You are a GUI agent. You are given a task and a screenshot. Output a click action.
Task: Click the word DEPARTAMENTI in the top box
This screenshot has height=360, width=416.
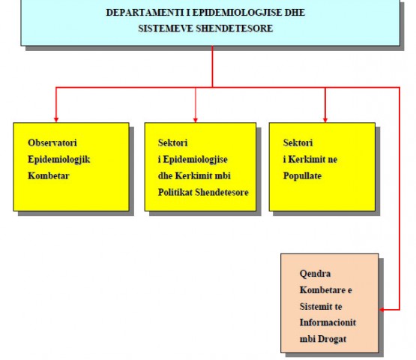(145, 13)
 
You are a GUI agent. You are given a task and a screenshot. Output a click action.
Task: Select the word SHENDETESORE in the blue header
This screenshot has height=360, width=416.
(235, 28)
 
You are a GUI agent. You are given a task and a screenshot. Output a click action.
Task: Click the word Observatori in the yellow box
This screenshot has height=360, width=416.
(52, 142)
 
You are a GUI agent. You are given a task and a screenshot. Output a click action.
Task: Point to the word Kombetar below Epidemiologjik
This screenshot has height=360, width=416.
(49, 175)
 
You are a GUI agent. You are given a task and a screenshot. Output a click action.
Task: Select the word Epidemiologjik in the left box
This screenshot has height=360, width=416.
(59, 160)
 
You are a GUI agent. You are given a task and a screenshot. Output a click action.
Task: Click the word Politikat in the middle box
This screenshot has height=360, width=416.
(175, 192)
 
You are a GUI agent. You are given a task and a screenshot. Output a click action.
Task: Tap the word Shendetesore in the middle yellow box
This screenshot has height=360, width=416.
(222, 192)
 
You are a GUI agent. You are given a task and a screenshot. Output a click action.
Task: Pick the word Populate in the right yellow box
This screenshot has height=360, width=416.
(303, 176)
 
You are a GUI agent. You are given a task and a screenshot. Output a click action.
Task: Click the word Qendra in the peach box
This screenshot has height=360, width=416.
(315, 274)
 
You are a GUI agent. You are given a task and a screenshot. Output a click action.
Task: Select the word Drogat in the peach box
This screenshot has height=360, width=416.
(332, 339)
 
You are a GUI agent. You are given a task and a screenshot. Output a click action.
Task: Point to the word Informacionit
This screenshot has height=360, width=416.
(328, 322)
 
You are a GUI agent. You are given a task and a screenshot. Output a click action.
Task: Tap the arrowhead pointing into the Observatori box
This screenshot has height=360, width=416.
(56, 120)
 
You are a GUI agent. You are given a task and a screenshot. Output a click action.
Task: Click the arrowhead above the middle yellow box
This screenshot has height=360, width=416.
(196, 120)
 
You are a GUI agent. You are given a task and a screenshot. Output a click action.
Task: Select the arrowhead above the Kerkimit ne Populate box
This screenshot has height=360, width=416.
(325, 120)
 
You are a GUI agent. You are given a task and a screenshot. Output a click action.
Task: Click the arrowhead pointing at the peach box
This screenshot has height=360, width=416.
(382, 310)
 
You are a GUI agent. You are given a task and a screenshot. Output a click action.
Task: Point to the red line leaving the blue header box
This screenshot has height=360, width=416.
(212, 66)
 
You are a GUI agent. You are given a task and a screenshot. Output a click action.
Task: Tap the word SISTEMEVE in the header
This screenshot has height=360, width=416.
(166, 28)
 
